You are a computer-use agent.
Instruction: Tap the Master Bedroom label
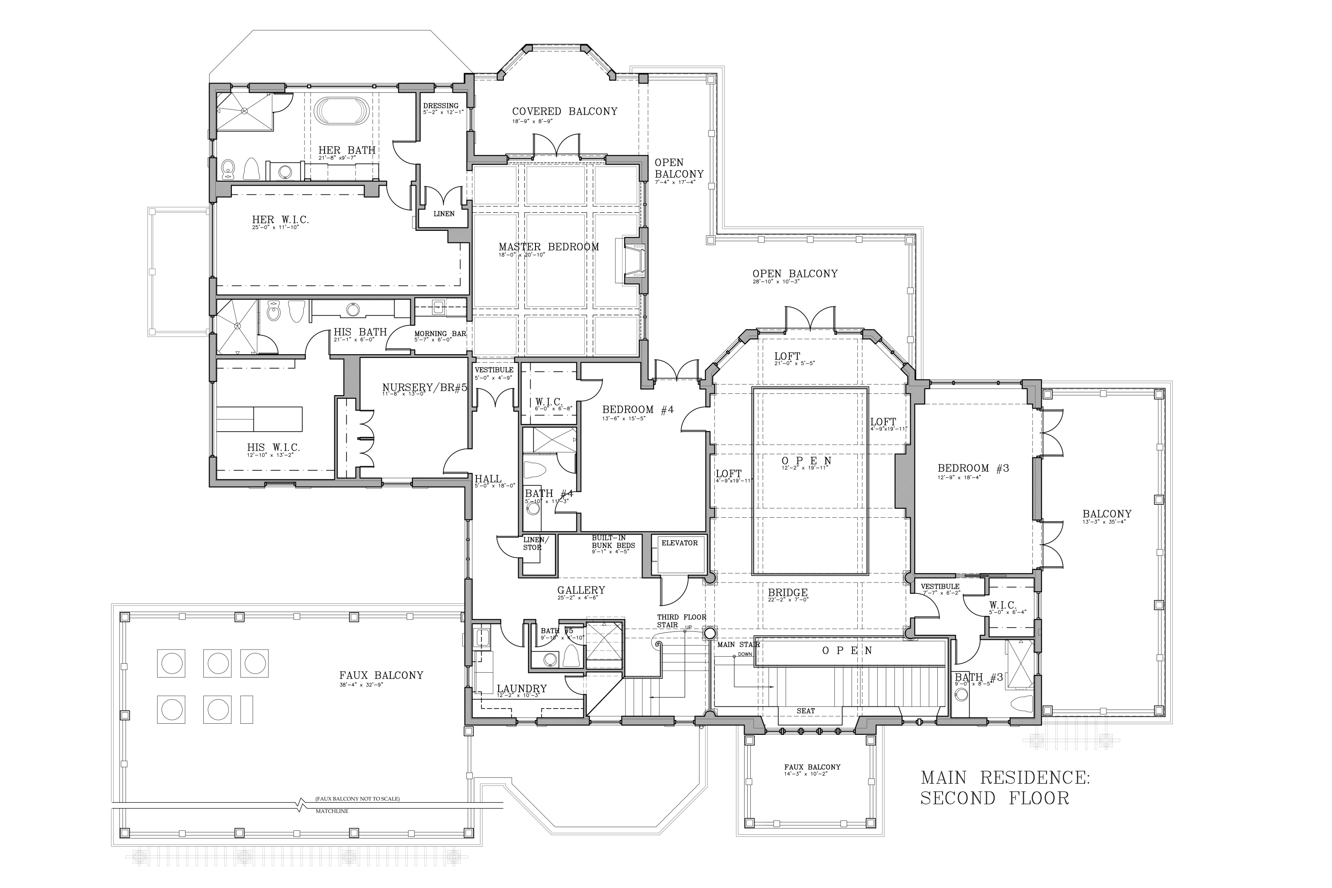pyautogui.click(x=548, y=247)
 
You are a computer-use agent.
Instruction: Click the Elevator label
pyautogui.click(x=679, y=543)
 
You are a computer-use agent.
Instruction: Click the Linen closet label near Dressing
pyautogui.click(x=444, y=214)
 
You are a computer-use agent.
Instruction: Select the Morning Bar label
pyautogui.click(x=440, y=333)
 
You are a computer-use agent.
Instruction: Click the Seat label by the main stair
pyautogui.click(x=805, y=711)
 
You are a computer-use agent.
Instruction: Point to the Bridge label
pyautogui.click(x=787, y=593)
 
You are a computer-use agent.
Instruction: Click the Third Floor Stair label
pyautogui.click(x=681, y=621)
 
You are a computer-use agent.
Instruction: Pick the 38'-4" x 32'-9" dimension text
pyautogui.click(x=362, y=684)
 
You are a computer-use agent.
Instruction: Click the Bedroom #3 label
pyautogui.click(x=973, y=468)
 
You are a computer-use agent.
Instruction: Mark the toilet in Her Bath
pyautogui.click(x=228, y=168)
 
